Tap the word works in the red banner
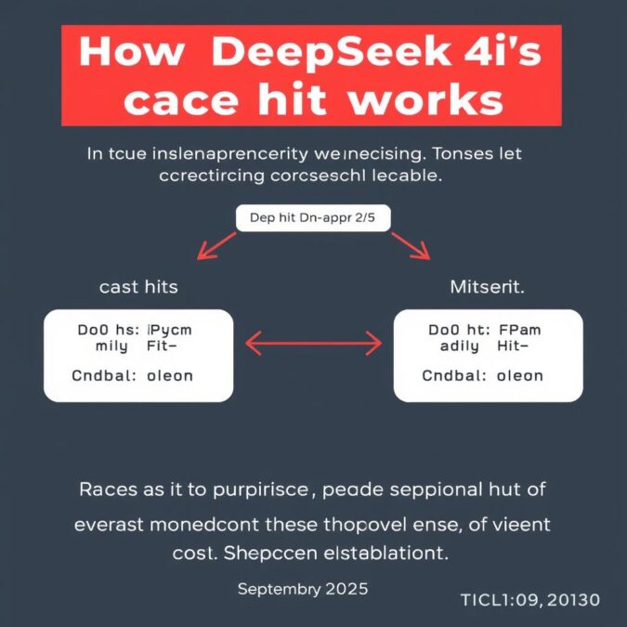tap(426, 99)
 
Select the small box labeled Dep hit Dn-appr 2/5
tap(313, 219)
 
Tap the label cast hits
tap(138, 288)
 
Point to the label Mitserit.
tap(487, 288)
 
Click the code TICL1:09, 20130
tap(530, 600)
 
